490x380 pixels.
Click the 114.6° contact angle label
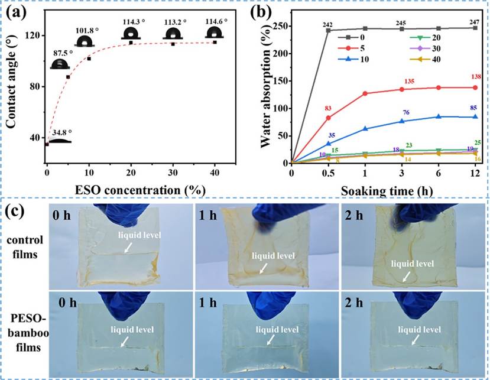(x=216, y=21)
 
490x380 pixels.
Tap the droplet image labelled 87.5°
(x=60, y=64)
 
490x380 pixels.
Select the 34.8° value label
(x=62, y=132)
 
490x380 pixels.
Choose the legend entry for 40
(x=425, y=59)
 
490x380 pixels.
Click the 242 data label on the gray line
(x=328, y=25)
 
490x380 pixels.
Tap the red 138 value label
(x=476, y=77)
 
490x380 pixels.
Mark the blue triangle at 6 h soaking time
(x=439, y=116)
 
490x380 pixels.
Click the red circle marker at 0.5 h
(x=329, y=118)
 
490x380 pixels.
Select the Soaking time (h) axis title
(x=387, y=190)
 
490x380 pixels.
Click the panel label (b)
(x=261, y=12)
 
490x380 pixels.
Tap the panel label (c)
(x=15, y=211)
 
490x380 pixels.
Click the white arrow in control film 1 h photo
(x=264, y=268)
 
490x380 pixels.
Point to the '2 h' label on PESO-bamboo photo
(x=354, y=303)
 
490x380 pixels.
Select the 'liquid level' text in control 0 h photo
(x=139, y=235)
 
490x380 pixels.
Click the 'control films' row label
(x=25, y=247)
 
